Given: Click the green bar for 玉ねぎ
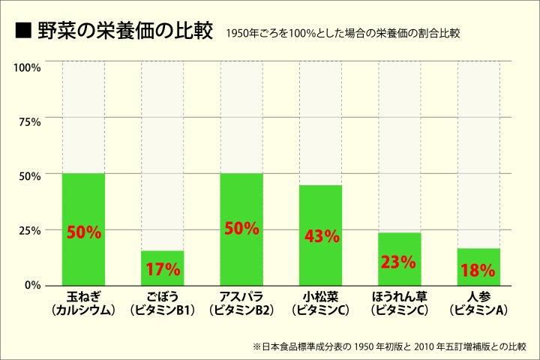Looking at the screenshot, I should click(x=83, y=229).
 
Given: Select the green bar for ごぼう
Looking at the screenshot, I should click(x=162, y=268).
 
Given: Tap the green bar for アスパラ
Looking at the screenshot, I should click(x=241, y=229).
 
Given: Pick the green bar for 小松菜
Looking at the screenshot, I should click(x=320, y=235).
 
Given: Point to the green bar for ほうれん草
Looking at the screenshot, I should click(x=399, y=259).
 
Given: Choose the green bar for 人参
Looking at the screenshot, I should click(x=478, y=266).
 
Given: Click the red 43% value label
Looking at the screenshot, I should click(x=322, y=236).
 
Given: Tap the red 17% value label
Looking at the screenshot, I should click(x=163, y=269).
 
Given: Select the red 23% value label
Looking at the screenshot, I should click(x=398, y=262).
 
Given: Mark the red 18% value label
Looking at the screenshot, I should click(x=478, y=270).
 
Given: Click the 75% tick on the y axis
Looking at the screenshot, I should click(x=29, y=121).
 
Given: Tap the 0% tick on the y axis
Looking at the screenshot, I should click(x=33, y=285).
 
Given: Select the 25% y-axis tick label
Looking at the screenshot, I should click(x=29, y=230).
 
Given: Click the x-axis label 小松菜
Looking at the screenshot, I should click(x=320, y=296).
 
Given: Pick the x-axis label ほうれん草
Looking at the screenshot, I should click(x=399, y=296).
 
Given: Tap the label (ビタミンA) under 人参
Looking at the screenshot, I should click(x=478, y=308).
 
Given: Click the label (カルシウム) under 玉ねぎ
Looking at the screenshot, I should click(x=83, y=308).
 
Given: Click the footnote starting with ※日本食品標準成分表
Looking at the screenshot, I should click(x=390, y=346).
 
